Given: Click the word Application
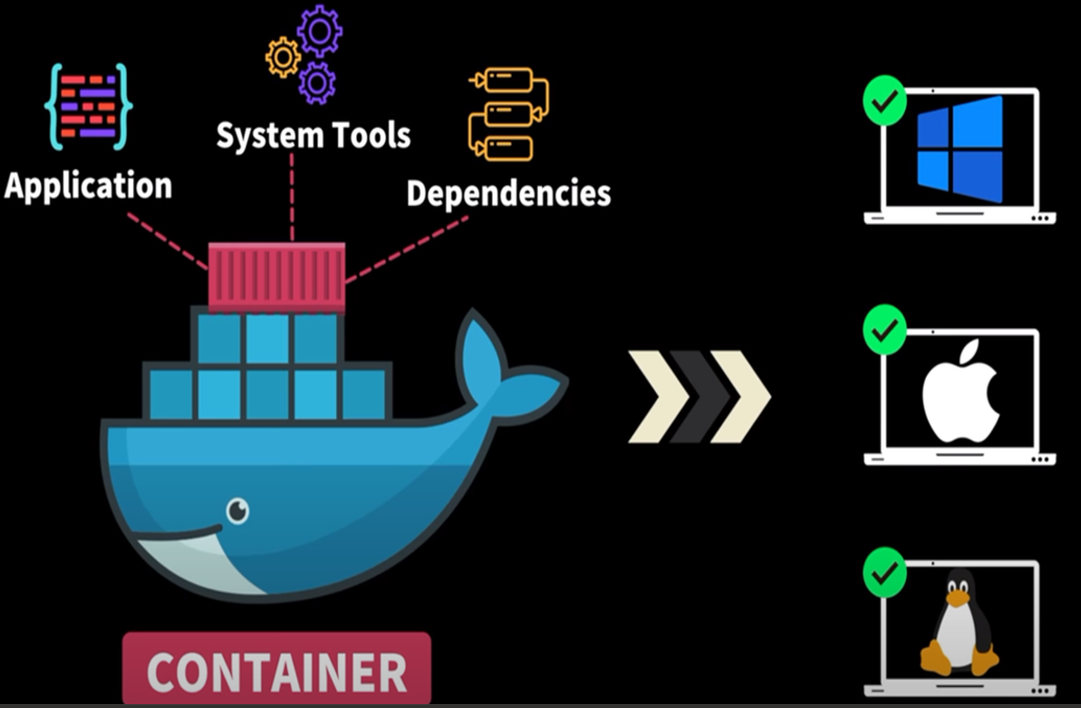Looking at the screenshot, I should point(89,185).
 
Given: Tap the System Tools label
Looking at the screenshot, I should point(313,135).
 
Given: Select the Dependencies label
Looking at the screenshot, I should point(508,192).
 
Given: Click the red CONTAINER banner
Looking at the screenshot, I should point(276,671).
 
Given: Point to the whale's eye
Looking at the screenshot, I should point(237,510).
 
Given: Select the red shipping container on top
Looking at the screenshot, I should point(276,277).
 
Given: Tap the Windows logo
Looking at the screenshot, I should point(959,148).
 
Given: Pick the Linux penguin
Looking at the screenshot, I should point(957,623).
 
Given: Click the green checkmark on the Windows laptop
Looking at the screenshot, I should point(885,100).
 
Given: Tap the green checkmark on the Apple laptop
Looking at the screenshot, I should point(885,331).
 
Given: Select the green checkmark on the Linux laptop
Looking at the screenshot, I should point(885,573).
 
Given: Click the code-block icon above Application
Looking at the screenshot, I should point(89,106).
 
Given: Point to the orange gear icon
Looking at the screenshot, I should point(282,58).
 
